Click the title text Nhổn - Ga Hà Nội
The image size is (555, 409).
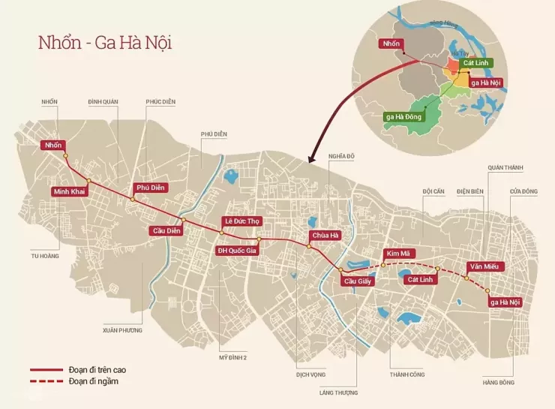coord(105,42)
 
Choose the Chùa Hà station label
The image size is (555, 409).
coord(325,236)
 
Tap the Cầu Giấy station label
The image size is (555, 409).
coord(358,282)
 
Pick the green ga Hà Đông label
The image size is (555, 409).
coord(404,116)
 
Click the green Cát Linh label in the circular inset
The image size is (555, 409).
coord(477,63)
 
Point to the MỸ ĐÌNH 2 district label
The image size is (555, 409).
coord(233,357)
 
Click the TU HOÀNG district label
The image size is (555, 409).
coord(44,255)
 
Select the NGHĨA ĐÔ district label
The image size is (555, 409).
coord(340,156)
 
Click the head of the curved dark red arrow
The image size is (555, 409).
coord(309,159)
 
